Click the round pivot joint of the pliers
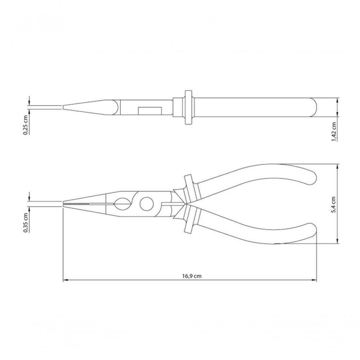147,204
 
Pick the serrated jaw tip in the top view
77,204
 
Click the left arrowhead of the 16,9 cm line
65,280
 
